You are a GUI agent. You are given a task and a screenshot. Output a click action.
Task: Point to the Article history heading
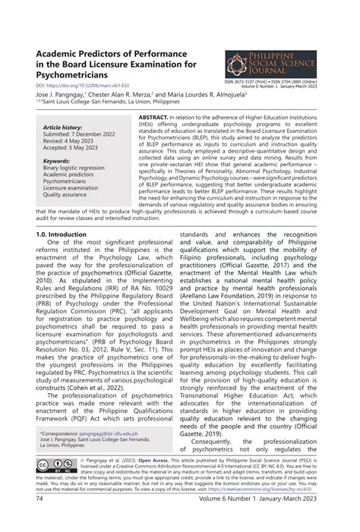(62, 128)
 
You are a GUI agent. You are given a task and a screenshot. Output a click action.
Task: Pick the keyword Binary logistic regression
(74, 168)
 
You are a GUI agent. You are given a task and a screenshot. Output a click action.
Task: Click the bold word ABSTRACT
(153, 120)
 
